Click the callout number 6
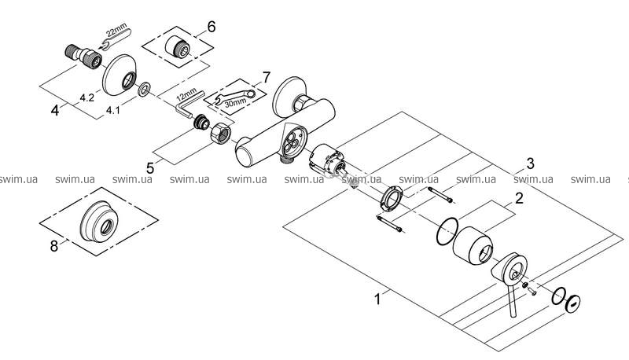(x=211, y=28)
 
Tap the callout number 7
(x=267, y=76)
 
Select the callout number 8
(x=54, y=246)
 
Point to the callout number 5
(x=150, y=167)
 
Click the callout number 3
(x=530, y=163)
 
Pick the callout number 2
(x=519, y=198)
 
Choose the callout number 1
(x=377, y=299)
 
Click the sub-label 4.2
(x=87, y=97)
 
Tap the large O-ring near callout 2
(x=447, y=231)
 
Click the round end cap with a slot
(x=572, y=304)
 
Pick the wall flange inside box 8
(x=99, y=221)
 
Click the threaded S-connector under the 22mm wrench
(x=83, y=57)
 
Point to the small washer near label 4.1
(x=144, y=89)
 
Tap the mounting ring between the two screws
(x=390, y=197)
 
